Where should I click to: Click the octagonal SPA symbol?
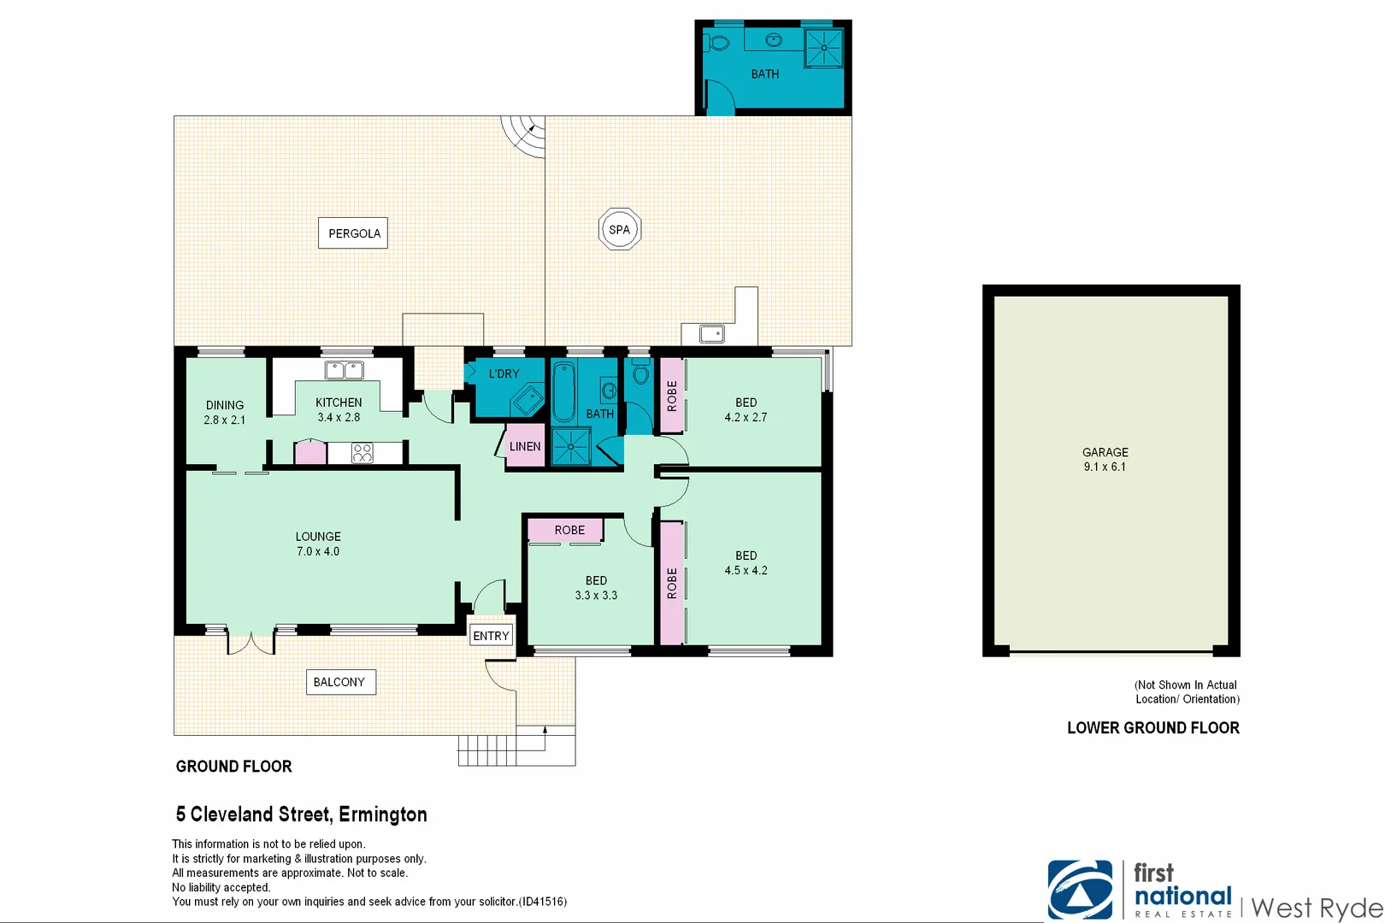(x=619, y=229)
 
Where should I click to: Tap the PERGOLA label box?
(x=353, y=233)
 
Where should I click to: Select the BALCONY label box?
(x=340, y=682)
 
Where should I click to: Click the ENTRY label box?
(x=492, y=636)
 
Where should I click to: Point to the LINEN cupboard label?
(x=525, y=446)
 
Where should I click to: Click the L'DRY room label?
(x=504, y=373)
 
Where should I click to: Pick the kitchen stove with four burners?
(x=362, y=453)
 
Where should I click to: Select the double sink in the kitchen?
(x=345, y=370)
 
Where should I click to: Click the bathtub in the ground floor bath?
(x=563, y=393)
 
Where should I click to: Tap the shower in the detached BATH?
(x=824, y=48)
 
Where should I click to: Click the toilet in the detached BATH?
(x=719, y=42)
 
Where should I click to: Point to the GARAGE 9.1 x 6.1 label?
(x=1105, y=460)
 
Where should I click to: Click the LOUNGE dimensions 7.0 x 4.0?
(x=318, y=552)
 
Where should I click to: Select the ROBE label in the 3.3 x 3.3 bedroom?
(x=569, y=530)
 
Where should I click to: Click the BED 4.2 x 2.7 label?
(x=746, y=409)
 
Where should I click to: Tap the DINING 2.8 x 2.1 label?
(x=225, y=413)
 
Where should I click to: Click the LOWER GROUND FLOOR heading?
(x=1152, y=728)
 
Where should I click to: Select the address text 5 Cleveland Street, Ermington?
(x=301, y=814)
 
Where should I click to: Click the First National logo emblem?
(x=1080, y=890)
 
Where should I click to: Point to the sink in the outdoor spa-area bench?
(x=711, y=334)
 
